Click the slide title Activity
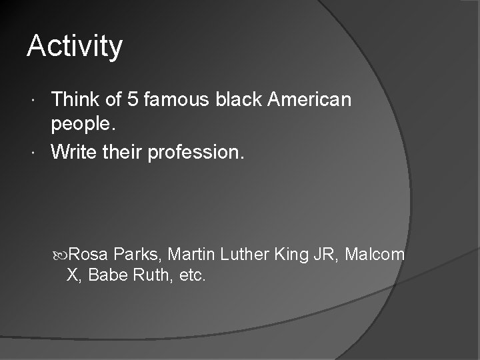75,47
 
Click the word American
310,100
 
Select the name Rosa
89,254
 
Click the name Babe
106,275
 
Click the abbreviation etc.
193,275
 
